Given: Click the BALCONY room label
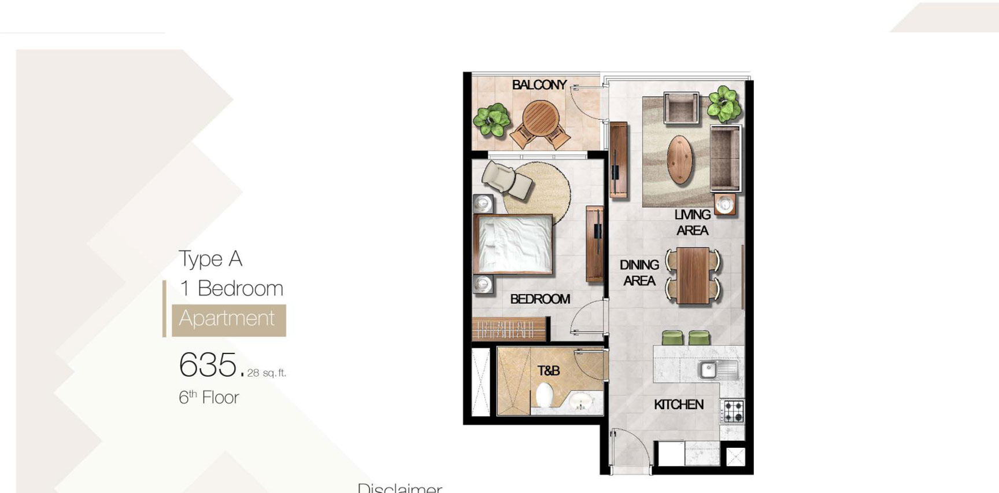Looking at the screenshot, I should [539, 85].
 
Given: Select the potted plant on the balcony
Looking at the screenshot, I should [492, 120].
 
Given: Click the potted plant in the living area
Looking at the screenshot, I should [724, 104].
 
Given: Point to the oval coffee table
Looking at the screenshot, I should [680, 160].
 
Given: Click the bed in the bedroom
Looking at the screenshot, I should [513, 244].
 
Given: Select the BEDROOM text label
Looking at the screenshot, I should [539, 299].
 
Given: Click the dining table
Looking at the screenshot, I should [693, 275].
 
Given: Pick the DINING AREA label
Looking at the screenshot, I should [639, 273].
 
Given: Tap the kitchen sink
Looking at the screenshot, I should [709, 369].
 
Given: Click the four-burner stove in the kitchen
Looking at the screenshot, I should [733, 411].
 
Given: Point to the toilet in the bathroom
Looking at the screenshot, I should [544, 396].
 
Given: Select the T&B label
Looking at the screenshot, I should [548, 370].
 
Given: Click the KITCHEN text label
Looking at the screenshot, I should [678, 404].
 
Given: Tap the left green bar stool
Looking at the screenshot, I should [672, 337].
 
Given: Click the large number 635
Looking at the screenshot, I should [208, 365].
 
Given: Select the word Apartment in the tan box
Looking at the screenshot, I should [227, 318].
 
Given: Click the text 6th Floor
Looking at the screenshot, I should [209, 398].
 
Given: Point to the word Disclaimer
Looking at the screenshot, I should [399, 488].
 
